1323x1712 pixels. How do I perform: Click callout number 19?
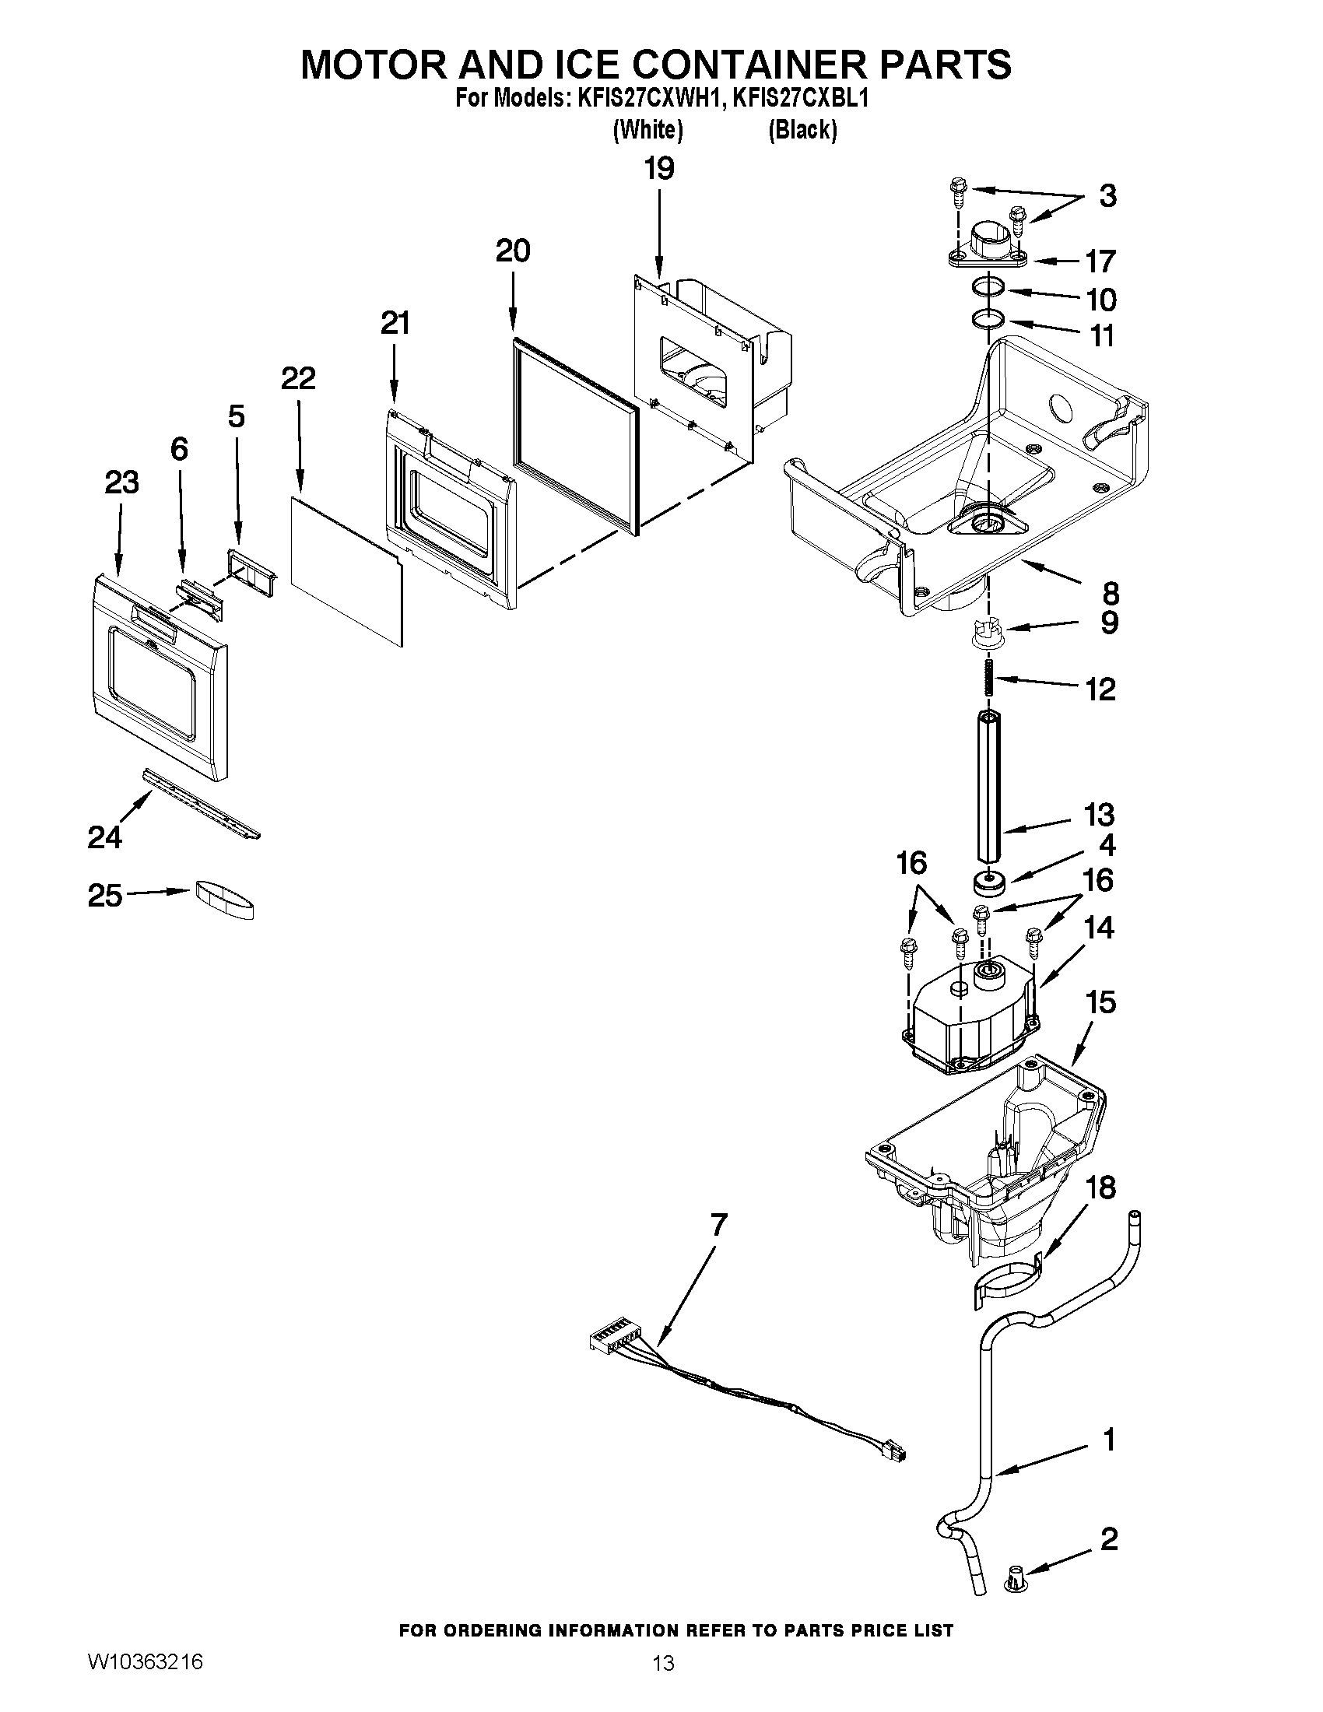pyautogui.click(x=659, y=169)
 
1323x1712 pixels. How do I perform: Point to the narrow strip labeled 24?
pyautogui.click(x=201, y=804)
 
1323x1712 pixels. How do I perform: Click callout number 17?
pyautogui.click(x=1100, y=261)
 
